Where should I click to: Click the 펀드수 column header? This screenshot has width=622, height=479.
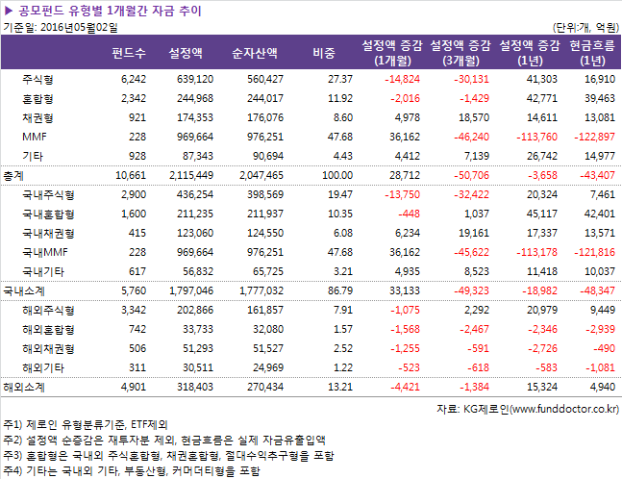129,52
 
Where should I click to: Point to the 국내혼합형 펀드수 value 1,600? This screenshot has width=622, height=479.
133,213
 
